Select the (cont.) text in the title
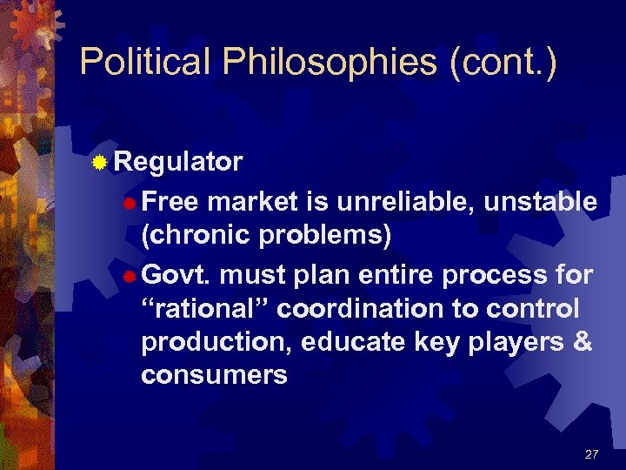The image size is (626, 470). pos(502,62)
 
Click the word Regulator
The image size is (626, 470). pos(178,162)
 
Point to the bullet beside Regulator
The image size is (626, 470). pos(101,163)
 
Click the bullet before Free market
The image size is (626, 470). pos(129,204)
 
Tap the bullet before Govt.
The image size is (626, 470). pos(129,277)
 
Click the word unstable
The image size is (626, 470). pos(540,202)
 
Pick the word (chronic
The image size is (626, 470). pos(189,235)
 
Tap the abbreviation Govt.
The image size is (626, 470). pos(176,276)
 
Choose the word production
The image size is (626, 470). pos(216,342)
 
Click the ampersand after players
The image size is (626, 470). pos(583,342)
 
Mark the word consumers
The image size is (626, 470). pos(214,375)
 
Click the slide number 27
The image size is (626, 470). pos(592,454)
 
